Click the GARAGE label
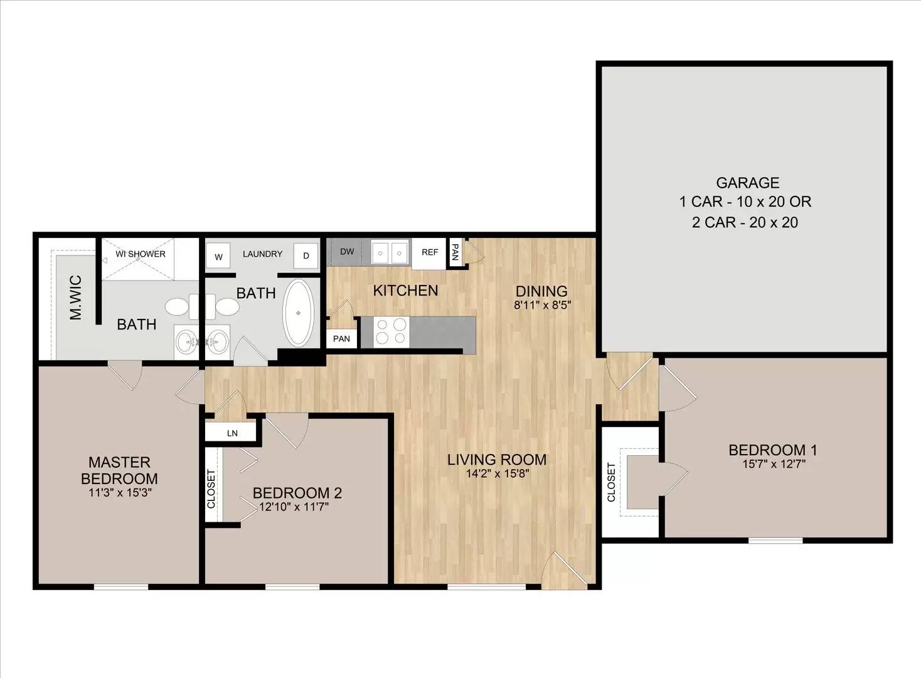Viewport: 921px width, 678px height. [747, 182]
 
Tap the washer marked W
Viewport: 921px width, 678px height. [218, 257]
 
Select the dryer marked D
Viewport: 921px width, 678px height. [306, 256]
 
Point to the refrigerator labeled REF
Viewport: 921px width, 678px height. [429, 253]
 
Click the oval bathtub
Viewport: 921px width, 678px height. [299, 313]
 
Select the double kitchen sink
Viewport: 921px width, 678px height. [390, 252]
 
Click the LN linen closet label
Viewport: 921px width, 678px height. [232, 433]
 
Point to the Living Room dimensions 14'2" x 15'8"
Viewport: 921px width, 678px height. [497, 473]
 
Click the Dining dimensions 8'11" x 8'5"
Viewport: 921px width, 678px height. [543, 305]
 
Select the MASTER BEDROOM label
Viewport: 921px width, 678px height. [119, 471]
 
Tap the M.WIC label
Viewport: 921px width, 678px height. [76, 298]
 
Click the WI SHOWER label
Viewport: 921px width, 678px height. [140, 254]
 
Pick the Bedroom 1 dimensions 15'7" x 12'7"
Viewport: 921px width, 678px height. [774, 464]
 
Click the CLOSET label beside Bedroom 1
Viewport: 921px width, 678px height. [611, 482]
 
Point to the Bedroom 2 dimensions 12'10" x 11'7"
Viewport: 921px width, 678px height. [294, 507]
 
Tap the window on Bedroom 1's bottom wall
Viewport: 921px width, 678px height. [775, 541]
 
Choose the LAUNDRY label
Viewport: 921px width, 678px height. [262, 254]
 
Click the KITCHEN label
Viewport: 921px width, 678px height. [405, 291]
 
